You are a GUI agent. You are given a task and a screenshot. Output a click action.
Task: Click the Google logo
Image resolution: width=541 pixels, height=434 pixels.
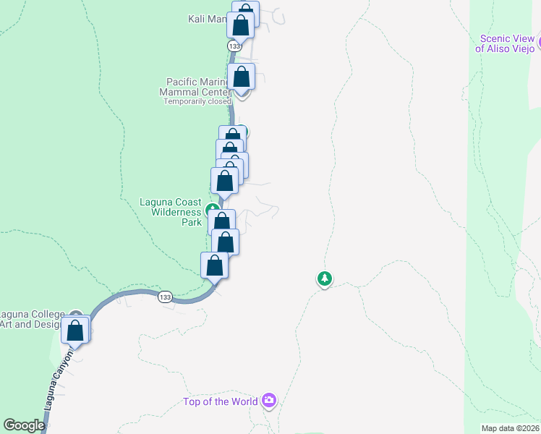[x=25, y=425]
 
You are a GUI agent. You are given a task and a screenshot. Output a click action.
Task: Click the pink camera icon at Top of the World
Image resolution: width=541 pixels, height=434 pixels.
[x=269, y=400]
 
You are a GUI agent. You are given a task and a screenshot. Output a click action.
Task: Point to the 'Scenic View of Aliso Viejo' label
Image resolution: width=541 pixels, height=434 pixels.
[x=506, y=43]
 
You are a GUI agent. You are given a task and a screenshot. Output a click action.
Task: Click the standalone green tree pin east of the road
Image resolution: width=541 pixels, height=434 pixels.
[x=325, y=278]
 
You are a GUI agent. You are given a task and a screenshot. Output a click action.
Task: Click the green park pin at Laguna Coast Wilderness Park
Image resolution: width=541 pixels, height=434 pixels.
[x=213, y=211]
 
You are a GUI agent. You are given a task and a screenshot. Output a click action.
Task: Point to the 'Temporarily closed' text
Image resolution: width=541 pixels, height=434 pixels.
[x=196, y=101]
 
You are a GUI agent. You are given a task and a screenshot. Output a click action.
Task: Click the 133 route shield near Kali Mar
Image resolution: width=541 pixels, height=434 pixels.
[x=234, y=46]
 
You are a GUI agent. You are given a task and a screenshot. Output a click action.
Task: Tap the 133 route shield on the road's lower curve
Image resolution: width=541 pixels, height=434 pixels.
[x=166, y=297]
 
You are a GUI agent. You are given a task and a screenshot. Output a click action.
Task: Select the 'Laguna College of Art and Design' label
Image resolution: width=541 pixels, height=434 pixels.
[x=33, y=318]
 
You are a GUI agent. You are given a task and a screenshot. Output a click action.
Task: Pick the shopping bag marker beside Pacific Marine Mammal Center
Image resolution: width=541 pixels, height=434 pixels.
[x=242, y=77]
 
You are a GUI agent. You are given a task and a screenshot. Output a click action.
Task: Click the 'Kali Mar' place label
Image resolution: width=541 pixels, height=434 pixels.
[x=207, y=19]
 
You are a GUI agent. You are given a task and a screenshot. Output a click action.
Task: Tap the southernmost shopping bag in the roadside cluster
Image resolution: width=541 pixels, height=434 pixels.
[x=214, y=265]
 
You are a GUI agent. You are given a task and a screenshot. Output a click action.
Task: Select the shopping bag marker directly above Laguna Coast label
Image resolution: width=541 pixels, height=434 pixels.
[x=224, y=182]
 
